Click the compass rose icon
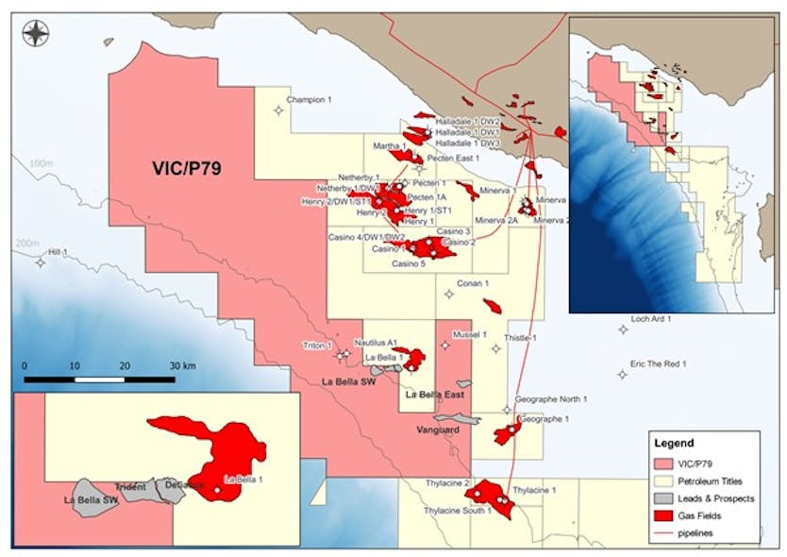[x=36, y=35]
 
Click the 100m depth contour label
[x=42, y=163]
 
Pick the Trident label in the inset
[x=130, y=487]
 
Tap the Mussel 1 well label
[x=469, y=334]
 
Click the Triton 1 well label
[x=318, y=346]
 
